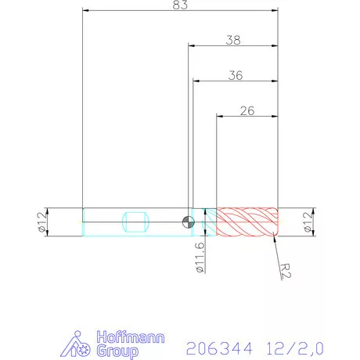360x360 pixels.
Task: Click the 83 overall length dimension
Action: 180,6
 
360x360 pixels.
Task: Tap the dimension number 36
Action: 234,75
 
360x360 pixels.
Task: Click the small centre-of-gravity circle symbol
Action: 188,221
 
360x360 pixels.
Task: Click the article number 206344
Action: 212,345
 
